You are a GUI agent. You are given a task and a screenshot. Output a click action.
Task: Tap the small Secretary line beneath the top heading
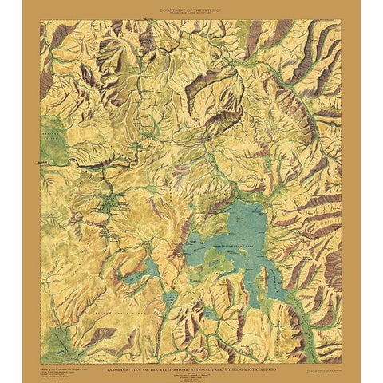191,12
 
